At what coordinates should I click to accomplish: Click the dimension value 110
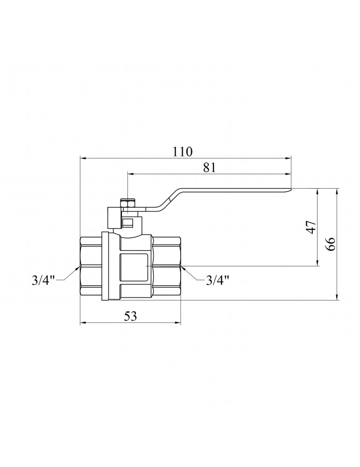183,152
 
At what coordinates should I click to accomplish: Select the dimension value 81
209,167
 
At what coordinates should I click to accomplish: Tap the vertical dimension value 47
311,227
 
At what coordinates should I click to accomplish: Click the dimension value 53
130,316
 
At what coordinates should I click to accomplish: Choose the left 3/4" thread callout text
43,280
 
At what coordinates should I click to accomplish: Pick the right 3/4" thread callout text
218,280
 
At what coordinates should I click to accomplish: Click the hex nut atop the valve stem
127,204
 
